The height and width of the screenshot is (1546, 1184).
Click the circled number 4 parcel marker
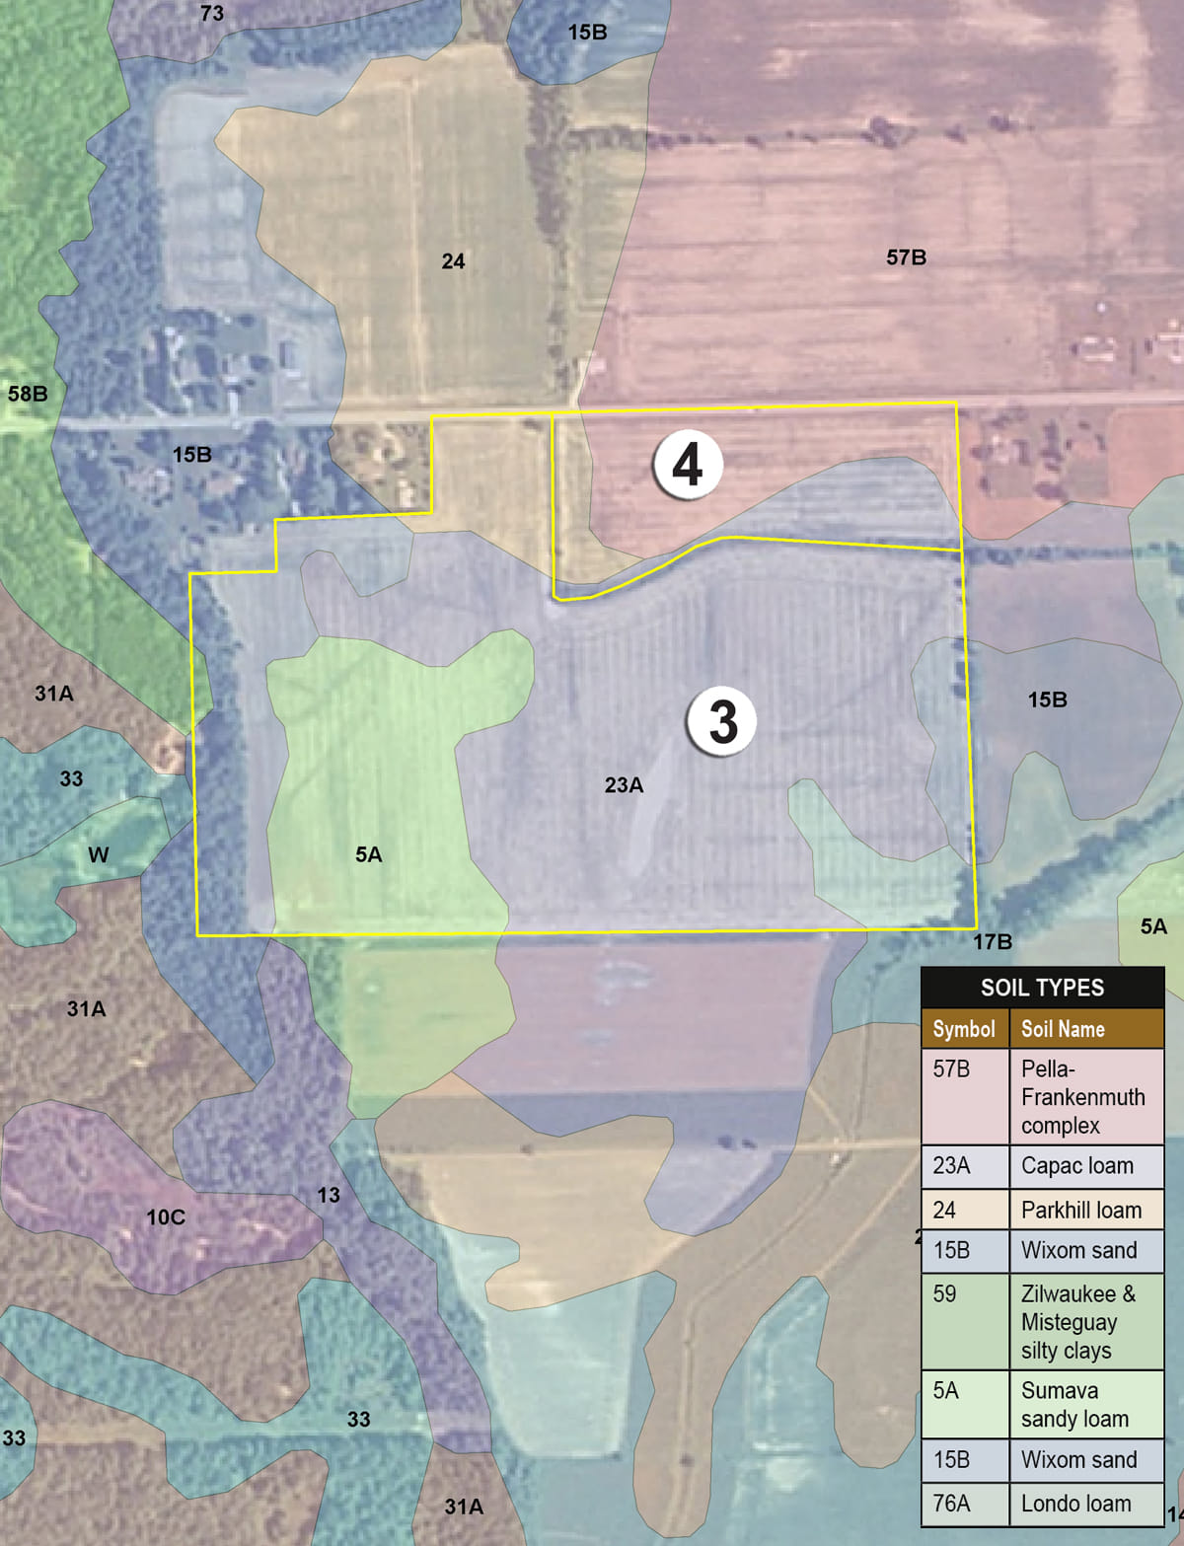pyautogui.click(x=688, y=464)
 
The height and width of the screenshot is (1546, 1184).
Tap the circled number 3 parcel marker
pyautogui.click(x=722, y=720)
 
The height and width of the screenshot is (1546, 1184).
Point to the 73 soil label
pyautogui.click(x=212, y=14)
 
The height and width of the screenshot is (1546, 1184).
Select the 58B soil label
pyautogui.click(x=28, y=394)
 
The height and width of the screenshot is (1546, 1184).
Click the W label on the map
pyautogui.click(x=98, y=854)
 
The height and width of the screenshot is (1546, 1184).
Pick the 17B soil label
pyautogui.click(x=993, y=941)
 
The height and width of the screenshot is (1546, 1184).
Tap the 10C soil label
pyautogui.click(x=166, y=1217)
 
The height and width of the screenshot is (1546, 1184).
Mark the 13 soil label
pyautogui.click(x=329, y=1195)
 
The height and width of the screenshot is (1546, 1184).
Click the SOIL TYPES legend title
pyautogui.click(x=1042, y=988)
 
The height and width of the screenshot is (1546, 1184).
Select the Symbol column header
pyautogui.click(x=964, y=1029)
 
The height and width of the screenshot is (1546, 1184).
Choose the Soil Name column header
pyautogui.click(x=1063, y=1029)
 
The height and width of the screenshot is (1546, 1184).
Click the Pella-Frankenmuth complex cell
pyautogui.click(x=1083, y=1097)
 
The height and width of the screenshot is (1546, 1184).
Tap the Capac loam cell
pyautogui.click(x=1077, y=1165)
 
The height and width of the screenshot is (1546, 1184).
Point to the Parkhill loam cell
pyautogui.click(x=1081, y=1210)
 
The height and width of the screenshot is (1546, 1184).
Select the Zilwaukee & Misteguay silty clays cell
pyautogui.click(x=1078, y=1322)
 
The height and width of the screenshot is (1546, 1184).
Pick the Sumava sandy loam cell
pyautogui.click(x=1074, y=1405)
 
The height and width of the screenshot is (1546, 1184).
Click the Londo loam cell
pyautogui.click(x=1076, y=1504)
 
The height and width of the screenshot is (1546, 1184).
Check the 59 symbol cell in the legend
pyautogui.click(x=944, y=1293)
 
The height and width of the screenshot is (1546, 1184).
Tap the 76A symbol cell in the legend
pyautogui.click(x=951, y=1504)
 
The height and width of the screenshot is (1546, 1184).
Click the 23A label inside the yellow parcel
pyautogui.click(x=624, y=785)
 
